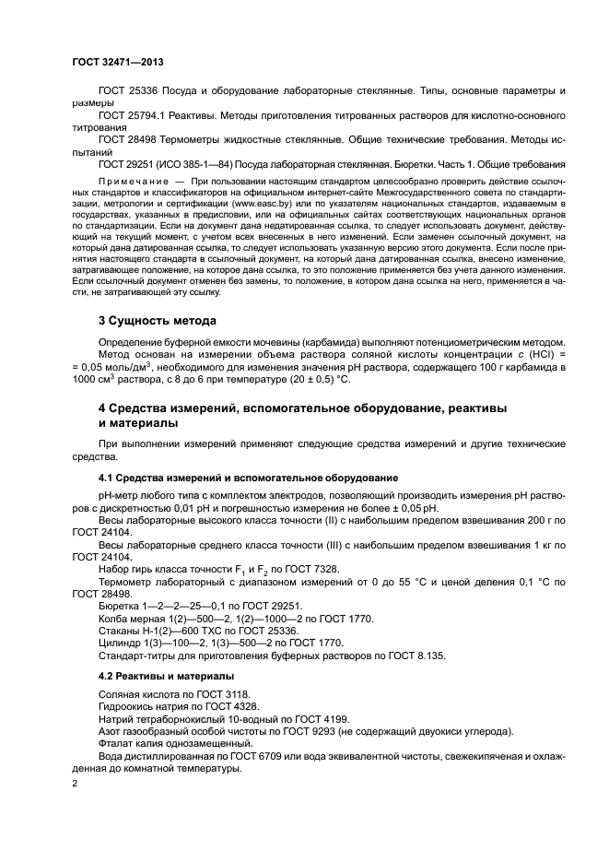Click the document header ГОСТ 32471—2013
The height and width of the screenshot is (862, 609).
point(111,60)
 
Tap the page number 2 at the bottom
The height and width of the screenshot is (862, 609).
point(76,784)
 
